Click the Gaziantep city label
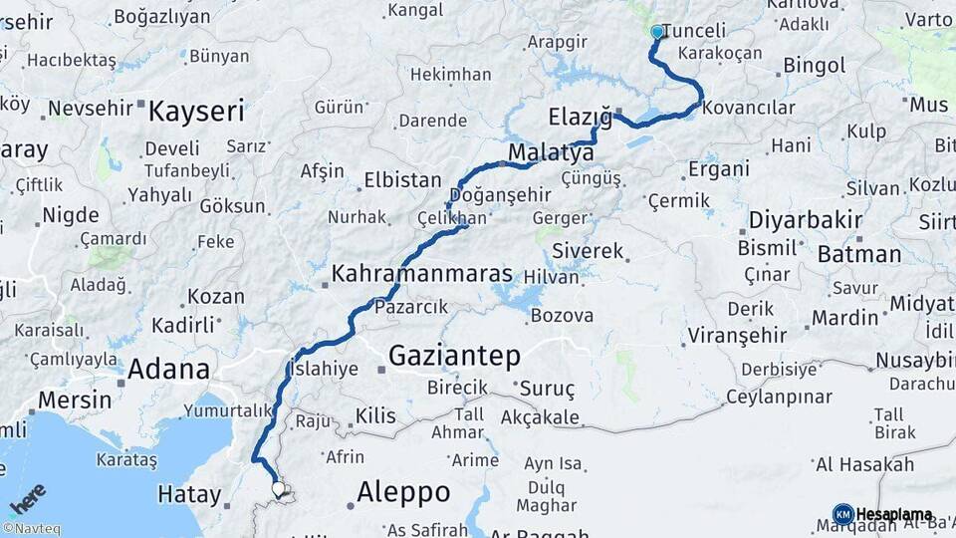pos(454,356)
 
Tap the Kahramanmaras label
pos(422,274)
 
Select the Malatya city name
pos(551,152)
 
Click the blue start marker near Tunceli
pos(657,32)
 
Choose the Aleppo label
pos(402,491)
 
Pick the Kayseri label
pos(196,111)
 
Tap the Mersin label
pos(75,400)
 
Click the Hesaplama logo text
pos(894,514)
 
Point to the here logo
pos(28,498)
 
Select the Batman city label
pos(858,254)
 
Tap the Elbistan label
pos(402,180)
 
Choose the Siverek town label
pos(588,250)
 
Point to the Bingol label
pos(814,66)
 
